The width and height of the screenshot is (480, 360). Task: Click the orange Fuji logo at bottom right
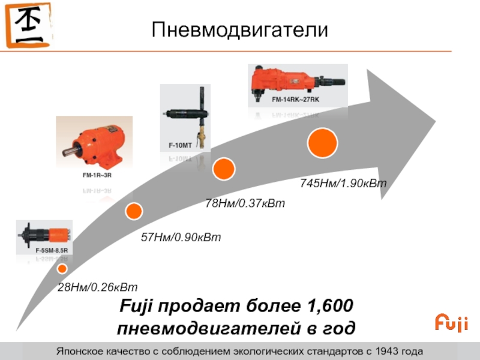pyautogui.click(x=451, y=322)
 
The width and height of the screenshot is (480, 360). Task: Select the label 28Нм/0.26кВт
pyautogui.click(x=97, y=289)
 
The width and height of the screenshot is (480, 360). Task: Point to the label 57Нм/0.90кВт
pyautogui.click(x=181, y=238)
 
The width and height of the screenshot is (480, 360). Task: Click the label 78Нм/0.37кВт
pyautogui.click(x=245, y=203)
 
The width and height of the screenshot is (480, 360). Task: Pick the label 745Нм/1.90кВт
pyautogui.click(x=343, y=183)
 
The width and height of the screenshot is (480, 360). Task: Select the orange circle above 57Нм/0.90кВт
pyautogui.click(x=134, y=210)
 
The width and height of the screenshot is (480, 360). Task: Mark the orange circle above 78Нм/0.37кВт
pyautogui.click(x=223, y=169)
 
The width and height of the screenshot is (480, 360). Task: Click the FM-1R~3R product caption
pyautogui.click(x=97, y=175)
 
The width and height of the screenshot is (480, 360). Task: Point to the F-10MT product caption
pyautogui.click(x=180, y=146)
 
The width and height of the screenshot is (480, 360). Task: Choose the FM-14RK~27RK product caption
pyautogui.click(x=295, y=99)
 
